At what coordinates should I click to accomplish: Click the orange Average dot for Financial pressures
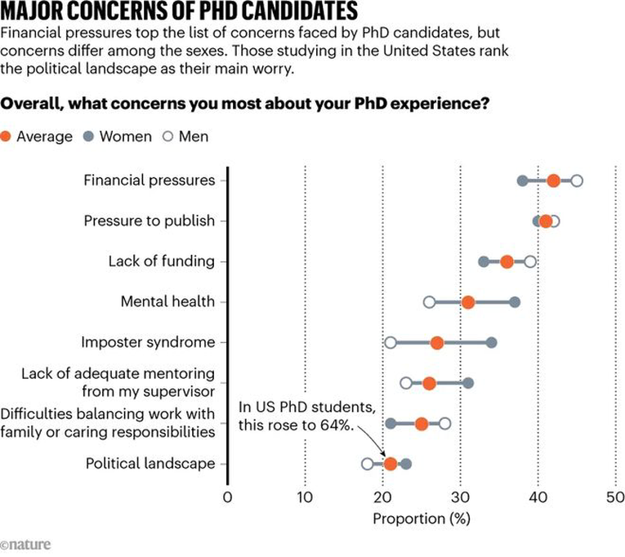(553, 180)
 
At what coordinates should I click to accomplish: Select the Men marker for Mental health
(430, 302)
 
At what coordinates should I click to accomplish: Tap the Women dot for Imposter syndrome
(491, 342)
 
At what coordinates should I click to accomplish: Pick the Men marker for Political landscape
(368, 464)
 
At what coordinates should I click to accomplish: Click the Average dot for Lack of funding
(507, 261)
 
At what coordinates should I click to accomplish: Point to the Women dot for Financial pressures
(522, 180)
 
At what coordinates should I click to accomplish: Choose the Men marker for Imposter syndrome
(391, 342)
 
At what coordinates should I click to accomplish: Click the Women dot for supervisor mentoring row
(468, 382)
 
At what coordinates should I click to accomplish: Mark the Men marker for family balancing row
(445, 423)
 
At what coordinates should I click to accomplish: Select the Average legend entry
(38, 136)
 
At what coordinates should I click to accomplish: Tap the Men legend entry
(185, 136)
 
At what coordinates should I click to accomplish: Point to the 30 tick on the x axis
(460, 497)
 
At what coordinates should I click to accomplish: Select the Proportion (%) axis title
(422, 519)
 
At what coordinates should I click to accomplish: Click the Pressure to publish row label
(150, 221)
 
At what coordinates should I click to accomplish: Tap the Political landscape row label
(150, 464)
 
